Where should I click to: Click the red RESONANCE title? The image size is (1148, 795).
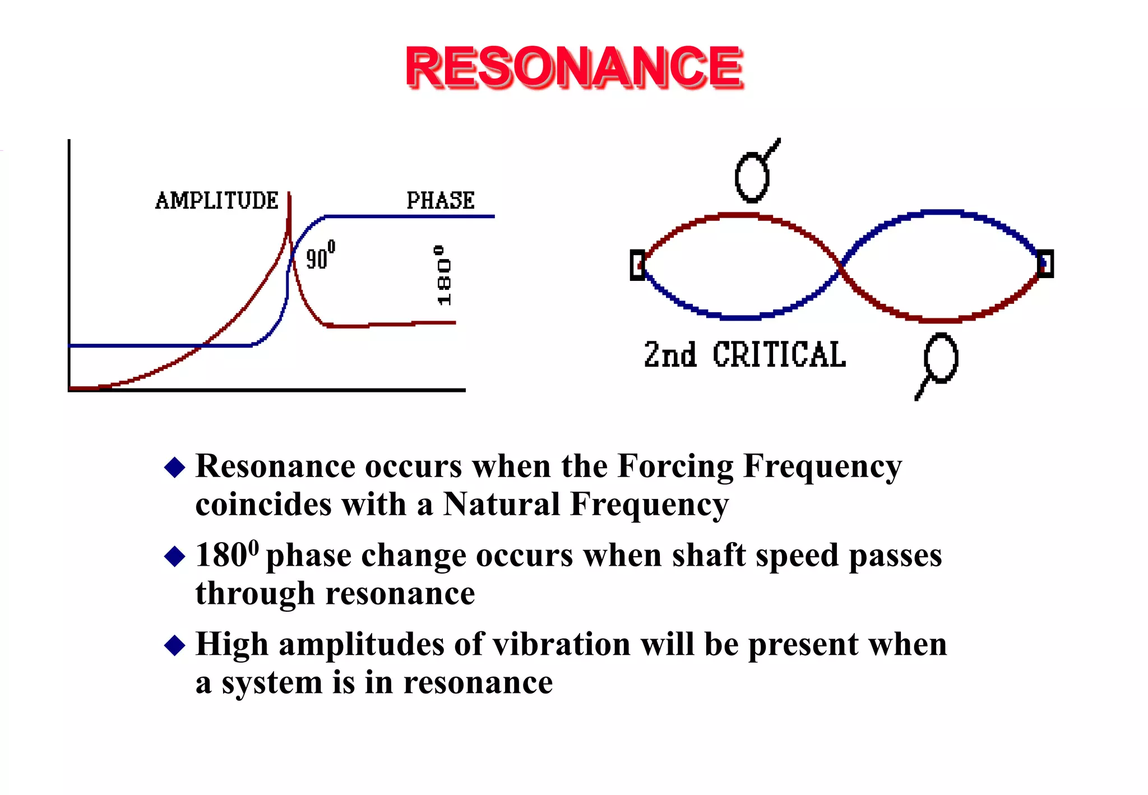[x=574, y=67]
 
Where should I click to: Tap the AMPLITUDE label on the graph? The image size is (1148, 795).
[x=217, y=201]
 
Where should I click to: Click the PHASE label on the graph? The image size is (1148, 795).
[x=441, y=201]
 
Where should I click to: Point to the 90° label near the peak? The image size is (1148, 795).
[x=320, y=256]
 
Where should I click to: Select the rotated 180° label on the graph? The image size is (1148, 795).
[x=443, y=275]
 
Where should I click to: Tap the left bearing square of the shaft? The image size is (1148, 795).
[x=637, y=265]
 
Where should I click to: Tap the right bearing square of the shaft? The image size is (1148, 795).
[x=1045, y=264]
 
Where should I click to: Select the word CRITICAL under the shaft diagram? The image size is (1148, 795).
[x=779, y=355]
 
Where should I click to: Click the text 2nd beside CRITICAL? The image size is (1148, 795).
[x=670, y=355]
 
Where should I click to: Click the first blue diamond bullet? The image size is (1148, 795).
[x=175, y=467]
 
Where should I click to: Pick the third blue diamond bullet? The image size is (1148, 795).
[x=175, y=645]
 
